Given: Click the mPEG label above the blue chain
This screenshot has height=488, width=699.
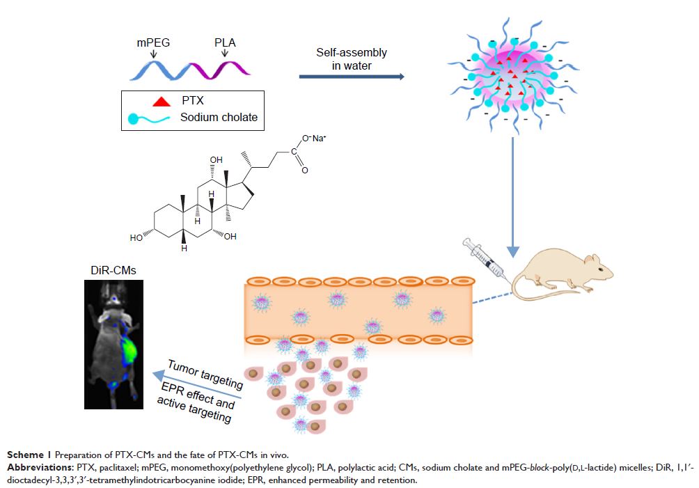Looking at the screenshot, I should [152, 42].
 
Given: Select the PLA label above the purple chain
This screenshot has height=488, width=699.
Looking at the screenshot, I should [224, 42].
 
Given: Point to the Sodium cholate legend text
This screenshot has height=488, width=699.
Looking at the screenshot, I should [219, 117].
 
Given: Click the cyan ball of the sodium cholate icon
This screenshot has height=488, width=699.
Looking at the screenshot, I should [134, 118].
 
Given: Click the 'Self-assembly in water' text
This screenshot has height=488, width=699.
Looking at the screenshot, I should [352, 59].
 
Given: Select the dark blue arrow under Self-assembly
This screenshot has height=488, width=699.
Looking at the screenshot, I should [352, 76].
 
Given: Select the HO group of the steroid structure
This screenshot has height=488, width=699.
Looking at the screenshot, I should [136, 237].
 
